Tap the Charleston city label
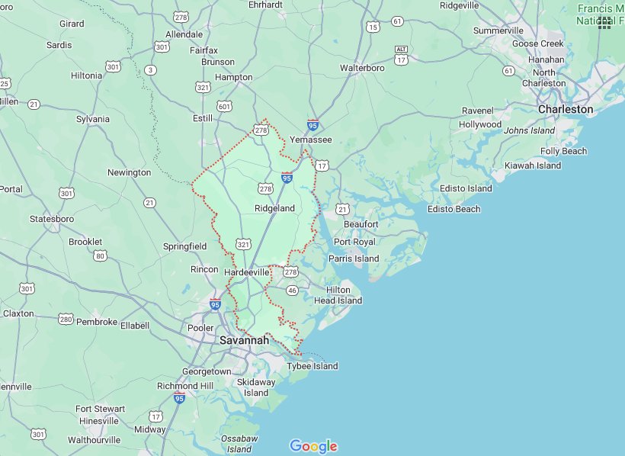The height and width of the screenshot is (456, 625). (x=565, y=109)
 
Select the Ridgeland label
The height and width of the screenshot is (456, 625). (x=274, y=208)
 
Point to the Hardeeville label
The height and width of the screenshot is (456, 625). (x=246, y=271)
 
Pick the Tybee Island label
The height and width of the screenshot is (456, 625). (x=312, y=366)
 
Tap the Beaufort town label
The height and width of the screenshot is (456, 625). (x=361, y=224)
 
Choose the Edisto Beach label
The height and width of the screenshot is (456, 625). (x=454, y=209)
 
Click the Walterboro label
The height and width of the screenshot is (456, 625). (x=361, y=68)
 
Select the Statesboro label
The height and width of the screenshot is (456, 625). (x=52, y=219)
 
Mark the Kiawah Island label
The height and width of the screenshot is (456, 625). (x=533, y=165)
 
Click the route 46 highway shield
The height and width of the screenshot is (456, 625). (x=291, y=290)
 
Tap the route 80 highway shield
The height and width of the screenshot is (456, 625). (x=100, y=256)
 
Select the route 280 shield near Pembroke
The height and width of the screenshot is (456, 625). (x=66, y=319)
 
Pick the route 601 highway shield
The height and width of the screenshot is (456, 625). (x=224, y=106)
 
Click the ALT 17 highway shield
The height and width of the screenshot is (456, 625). (x=401, y=54)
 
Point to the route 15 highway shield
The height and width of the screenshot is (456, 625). (x=373, y=27)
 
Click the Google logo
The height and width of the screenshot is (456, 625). (x=313, y=446)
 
